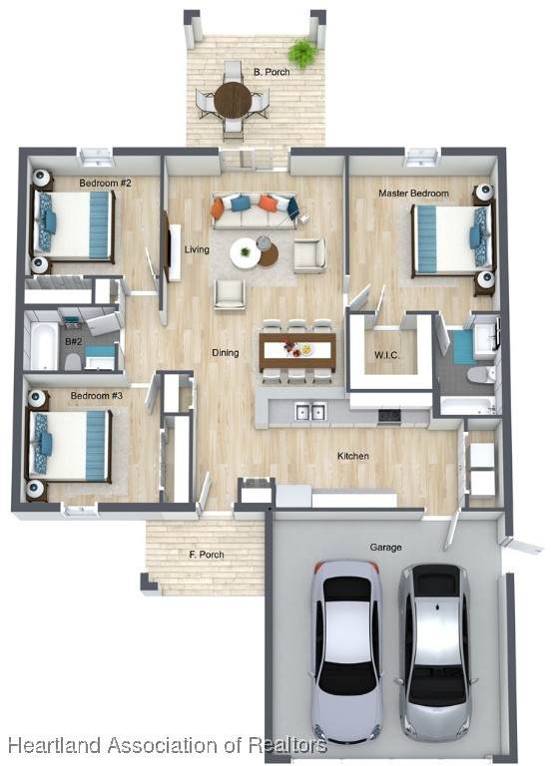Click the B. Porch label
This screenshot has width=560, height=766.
pyautogui.click(x=272, y=72)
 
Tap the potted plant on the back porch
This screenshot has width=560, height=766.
pyautogui.click(x=302, y=52)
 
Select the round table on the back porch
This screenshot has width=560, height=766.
pyautogui.click(x=233, y=100)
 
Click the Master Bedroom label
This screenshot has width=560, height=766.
pyautogui.click(x=413, y=193)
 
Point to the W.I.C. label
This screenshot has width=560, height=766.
pyautogui.click(x=387, y=355)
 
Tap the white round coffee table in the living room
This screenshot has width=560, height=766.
pyautogui.click(x=246, y=252)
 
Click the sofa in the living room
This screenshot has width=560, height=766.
pyautogui.click(x=255, y=211)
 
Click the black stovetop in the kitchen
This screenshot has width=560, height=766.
pyautogui.click(x=389, y=415)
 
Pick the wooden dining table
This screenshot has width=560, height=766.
pyautogui.click(x=297, y=351)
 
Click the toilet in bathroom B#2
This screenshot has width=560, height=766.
pyautogui.click(x=73, y=361)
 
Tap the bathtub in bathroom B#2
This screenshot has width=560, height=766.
pyautogui.click(x=44, y=345)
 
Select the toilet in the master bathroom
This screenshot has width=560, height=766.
pyautogui.click(x=480, y=375)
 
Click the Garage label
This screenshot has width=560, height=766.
pyautogui.click(x=386, y=548)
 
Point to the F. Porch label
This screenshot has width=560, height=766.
pyautogui.click(x=207, y=555)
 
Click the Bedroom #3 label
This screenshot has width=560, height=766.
pyautogui.click(x=97, y=395)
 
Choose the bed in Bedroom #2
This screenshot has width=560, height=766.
pyautogui.click(x=73, y=224)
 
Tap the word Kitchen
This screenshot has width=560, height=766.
pyautogui.click(x=353, y=456)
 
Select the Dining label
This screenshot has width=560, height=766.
pyautogui.click(x=226, y=353)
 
